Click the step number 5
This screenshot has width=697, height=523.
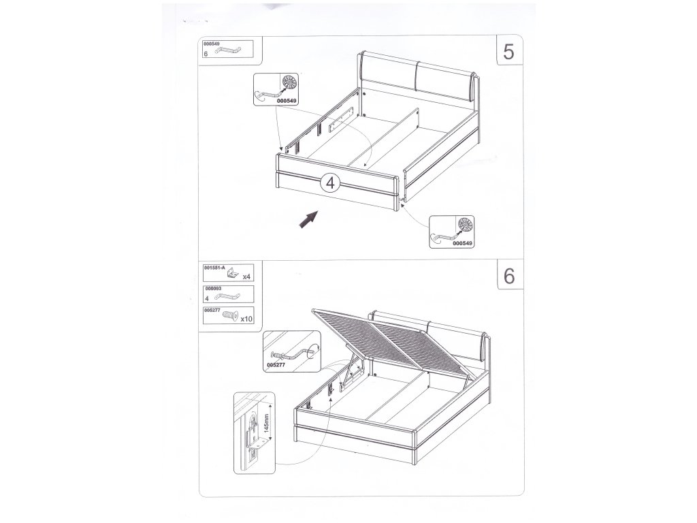click(508, 52)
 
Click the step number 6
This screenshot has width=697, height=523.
click(509, 276)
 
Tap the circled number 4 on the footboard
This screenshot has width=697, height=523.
click(330, 183)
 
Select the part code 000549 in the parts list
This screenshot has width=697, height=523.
click(211, 44)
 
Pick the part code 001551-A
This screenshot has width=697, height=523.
click(215, 268)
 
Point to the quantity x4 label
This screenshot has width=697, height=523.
click(246, 276)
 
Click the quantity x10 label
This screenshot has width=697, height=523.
click(246, 319)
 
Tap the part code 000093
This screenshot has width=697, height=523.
click(213, 289)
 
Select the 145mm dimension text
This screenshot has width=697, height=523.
click(266, 423)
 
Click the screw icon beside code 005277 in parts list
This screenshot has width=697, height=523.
click(230, 315)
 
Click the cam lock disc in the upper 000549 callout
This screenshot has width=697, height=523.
click(289, 82)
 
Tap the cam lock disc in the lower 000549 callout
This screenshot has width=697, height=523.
click(465, 225)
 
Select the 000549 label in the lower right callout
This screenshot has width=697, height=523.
click(463, 243)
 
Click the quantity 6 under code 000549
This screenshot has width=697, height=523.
click(206, 54)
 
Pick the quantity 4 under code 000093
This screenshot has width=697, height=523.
click(207, 298)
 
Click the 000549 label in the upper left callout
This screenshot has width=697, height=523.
click(287, 101)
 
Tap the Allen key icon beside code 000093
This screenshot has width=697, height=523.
click(227, 296)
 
